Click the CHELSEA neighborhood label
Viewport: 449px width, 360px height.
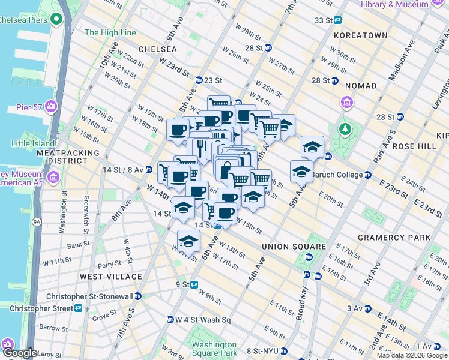[x=157, y=48]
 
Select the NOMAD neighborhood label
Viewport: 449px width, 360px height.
[x=360, y=86]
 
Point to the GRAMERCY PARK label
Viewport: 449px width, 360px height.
[x=394, y=238]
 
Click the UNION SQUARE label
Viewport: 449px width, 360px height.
[x=294, y=247]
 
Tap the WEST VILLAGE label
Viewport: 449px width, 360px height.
[x=111, y=277]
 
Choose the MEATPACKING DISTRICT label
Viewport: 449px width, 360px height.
[x=67, y=157]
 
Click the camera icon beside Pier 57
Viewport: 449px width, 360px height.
[x=50, y=107]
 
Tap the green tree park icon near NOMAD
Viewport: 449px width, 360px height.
[x=345, y=129]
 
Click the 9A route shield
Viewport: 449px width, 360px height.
[x=37, y=222]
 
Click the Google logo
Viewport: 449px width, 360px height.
[x=19, y=353]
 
